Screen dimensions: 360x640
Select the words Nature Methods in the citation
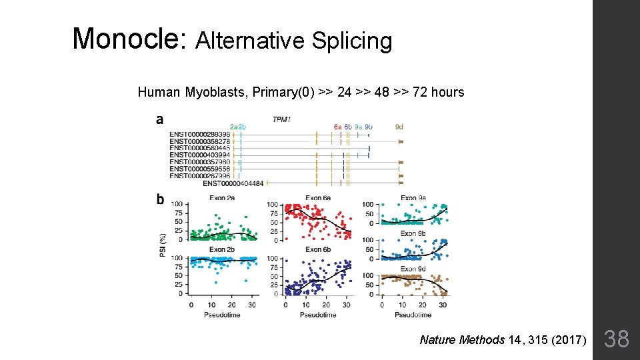[x=461, y=340]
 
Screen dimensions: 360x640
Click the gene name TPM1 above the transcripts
[x=281, y=119]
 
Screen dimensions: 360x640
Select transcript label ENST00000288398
[x=199, y=134]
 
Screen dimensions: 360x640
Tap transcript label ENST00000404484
[x=233, y=183]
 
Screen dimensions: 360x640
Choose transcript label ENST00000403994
[x=199, y=155]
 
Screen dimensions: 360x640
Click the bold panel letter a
[x=159, y=120]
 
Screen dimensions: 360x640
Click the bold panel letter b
[x=160, y=199]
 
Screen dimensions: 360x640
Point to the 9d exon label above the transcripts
[x=399, y=126]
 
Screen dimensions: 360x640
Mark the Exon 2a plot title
[x=221, y=198]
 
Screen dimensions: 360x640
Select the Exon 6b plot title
[x=318, y=249]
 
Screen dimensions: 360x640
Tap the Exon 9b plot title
[x=413, y=233]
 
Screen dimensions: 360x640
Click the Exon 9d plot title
[x=413, y=269]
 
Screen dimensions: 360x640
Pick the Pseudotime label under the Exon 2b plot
[x=221, y=315]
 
